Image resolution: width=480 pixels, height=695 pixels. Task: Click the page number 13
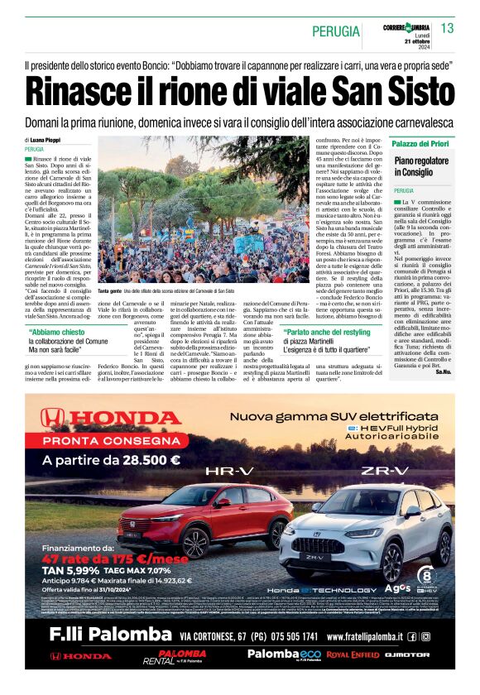tap(448, 29)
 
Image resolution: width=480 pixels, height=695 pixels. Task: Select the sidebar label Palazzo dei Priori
tap(421, 143)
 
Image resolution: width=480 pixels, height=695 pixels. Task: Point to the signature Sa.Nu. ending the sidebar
tap(444, 372)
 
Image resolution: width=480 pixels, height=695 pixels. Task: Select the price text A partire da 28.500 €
tap(111, 460)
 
